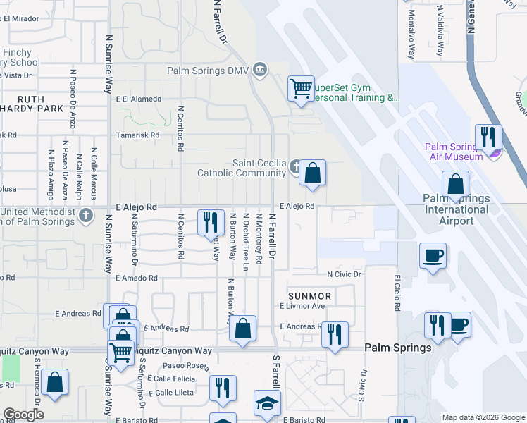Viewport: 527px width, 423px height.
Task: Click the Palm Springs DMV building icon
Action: pos(260,70)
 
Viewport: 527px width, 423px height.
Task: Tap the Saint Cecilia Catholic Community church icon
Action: pos(296,167)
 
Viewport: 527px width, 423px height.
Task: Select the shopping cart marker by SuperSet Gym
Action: pos(301,89)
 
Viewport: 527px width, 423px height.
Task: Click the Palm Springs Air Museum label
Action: pos(454,152)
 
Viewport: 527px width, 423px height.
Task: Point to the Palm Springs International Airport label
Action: pos(457,209)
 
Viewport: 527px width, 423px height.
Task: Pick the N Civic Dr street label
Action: pos(344,274)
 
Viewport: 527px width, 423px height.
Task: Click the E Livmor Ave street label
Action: pos(302,306)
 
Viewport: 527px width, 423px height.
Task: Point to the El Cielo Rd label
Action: pos(398,293)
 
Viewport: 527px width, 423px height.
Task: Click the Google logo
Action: pos(23,415)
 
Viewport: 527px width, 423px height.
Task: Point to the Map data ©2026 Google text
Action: pos(483,417)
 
